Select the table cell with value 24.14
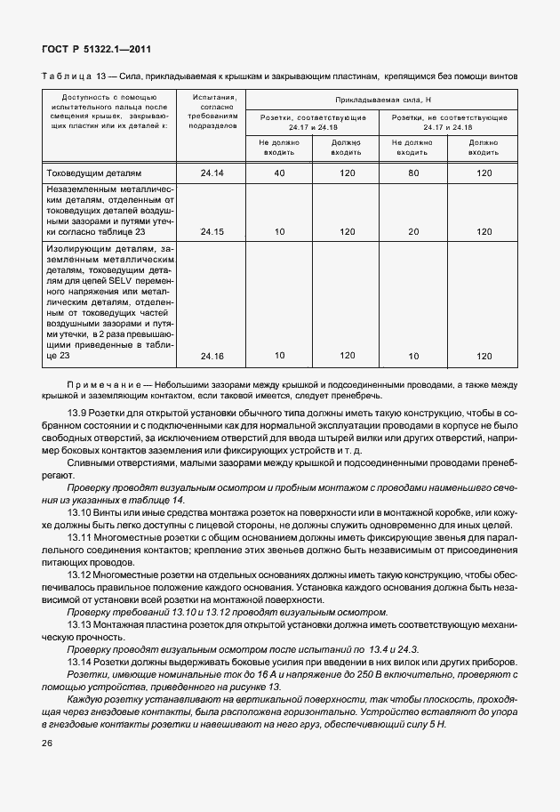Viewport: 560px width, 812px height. pyautogui.click(x=212, y=173)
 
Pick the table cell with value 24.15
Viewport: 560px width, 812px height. pyautogui.click(x=212, y=231)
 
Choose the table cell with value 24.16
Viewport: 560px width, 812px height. pyautogui.click(x=212, y=356)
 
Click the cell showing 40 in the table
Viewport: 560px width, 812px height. pyautogui.click(x=279, y=173)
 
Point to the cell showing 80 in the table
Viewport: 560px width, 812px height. pyautogui.click(x=412, y=173)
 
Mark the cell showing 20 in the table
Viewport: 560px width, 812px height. pyautogui.click(x=412, y=231)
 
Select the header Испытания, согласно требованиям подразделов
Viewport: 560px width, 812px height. pyautogui.click(x=212, y=111)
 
